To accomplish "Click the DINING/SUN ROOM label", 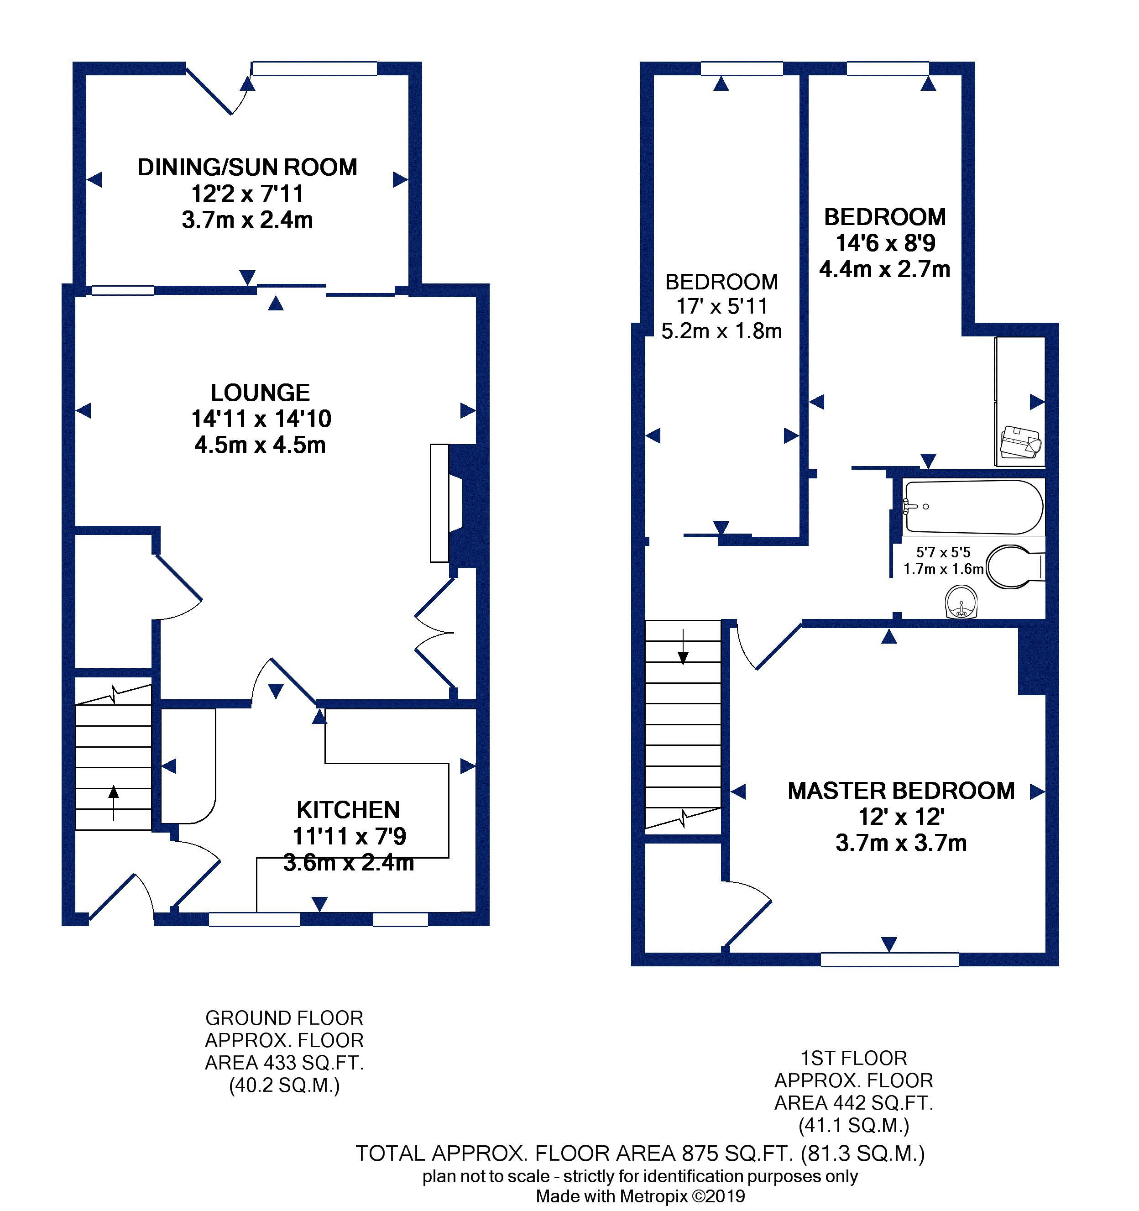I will [247, 168].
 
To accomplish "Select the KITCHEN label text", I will [348, 810].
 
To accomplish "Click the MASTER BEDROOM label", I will [901, 791].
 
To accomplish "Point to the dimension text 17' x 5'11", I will [722, 306].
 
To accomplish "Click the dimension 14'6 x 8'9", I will [885, 243].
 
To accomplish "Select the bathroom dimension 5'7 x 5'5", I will [943, 552].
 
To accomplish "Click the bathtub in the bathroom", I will [973, 507].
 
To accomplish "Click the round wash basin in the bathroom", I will [961, 602].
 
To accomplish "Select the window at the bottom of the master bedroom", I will [889, 959].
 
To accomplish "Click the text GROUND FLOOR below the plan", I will [284, 1018].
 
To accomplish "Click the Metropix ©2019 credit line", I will [640, 1196].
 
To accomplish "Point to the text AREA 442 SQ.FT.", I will [853, 1102].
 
